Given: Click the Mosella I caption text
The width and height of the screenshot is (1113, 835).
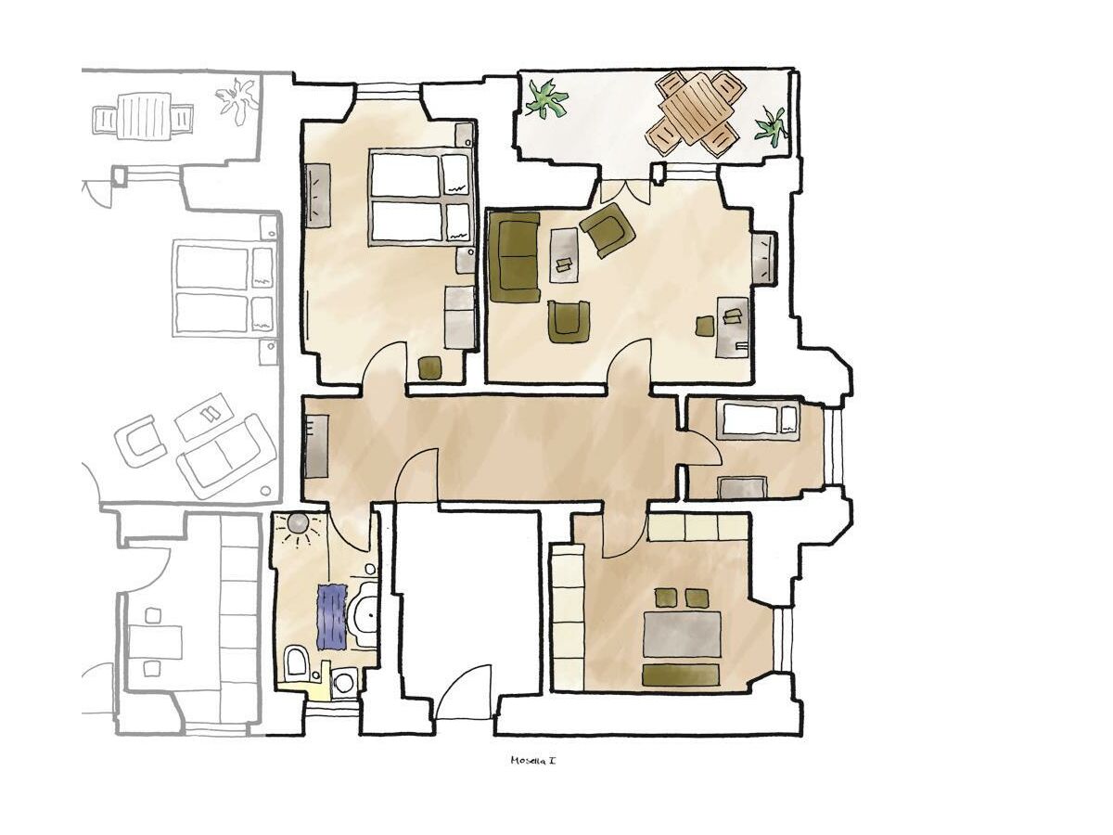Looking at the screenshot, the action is tap(532, 761).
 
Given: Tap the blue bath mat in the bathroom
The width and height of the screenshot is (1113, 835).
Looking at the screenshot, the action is tap(332, 616).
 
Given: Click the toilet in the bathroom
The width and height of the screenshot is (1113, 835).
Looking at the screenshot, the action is tap(296, 662).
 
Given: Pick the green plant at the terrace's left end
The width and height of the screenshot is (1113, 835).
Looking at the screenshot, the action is tap(545, 100).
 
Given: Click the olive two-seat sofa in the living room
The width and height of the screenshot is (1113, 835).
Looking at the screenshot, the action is tap(513, 257).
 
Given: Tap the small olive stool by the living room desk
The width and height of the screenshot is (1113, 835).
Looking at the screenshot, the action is tap(704, 326).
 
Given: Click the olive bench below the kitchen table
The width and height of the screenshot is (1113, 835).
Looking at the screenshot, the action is tap(681, 674).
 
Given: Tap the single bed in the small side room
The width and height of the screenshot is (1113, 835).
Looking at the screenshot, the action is tap(759, 421).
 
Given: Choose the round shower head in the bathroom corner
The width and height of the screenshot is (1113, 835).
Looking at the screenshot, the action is tap(298, 522).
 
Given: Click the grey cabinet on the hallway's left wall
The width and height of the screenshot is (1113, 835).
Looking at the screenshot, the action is tap(316, 446).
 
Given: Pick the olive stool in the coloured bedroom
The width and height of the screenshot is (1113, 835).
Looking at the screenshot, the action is tap(431, 367).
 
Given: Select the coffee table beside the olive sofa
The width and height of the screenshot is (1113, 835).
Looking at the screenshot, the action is tap(565, 255).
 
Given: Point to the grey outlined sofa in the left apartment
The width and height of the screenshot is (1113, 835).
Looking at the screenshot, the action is tap(225, 456).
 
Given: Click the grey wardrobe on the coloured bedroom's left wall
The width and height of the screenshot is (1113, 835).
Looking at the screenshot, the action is tap(317, 195).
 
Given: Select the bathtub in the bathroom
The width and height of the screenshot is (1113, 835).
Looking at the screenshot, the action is tap(365, 614).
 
